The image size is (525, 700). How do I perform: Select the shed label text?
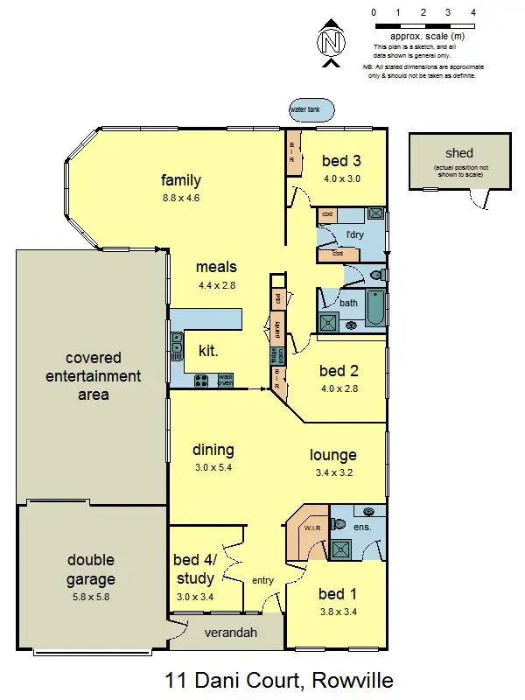[458, 153]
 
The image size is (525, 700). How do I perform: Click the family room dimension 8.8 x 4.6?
[181, 199]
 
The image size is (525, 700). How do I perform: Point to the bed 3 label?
[341, 161]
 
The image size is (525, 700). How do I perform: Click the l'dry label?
[354, 235]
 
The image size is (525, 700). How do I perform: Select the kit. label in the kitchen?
[209, 350]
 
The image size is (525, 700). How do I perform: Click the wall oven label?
[225, 381]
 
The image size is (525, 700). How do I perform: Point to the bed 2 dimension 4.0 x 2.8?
[339, 388]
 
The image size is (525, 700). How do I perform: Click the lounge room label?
[333, 455]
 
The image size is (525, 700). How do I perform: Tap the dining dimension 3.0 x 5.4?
[213, 468]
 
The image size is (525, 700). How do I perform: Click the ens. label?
[362, 528]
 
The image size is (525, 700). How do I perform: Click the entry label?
[262, 580]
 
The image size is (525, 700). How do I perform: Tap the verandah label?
[230, 633]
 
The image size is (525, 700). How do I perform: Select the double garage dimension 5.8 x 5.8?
[91, 598]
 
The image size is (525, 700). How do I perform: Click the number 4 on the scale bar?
[472, 13]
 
